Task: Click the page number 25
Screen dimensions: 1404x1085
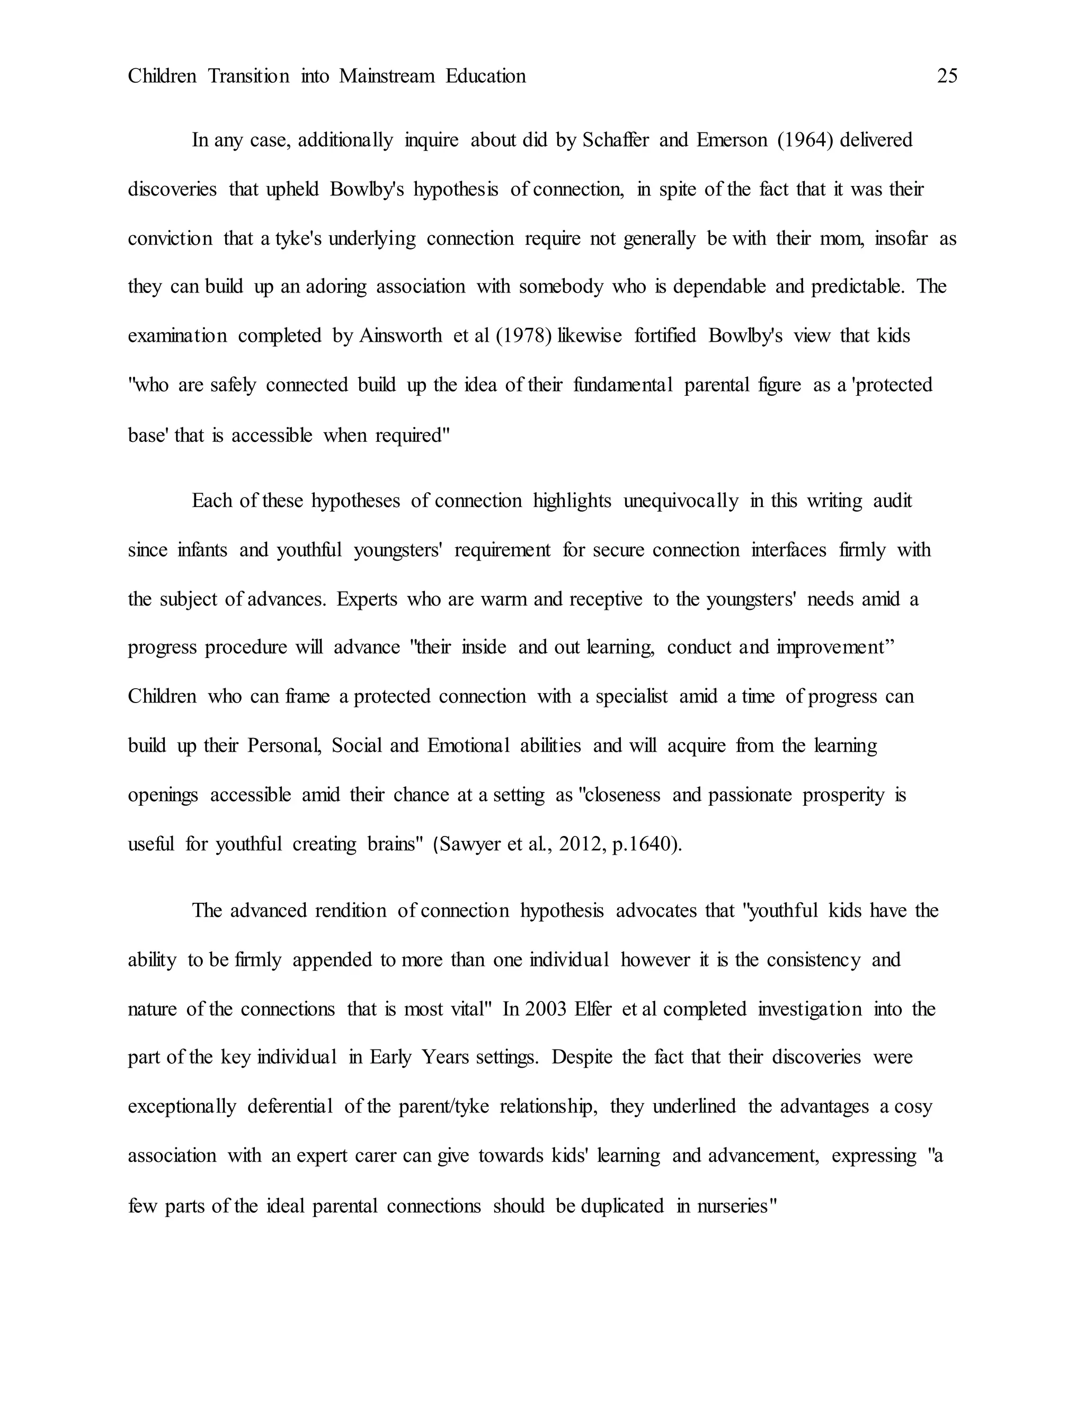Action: coord(947,76)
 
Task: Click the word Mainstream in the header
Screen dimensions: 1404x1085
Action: coord(387,76)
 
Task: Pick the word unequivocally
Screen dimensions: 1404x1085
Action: coord(681,501)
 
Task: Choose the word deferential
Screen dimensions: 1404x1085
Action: coord(290,1107)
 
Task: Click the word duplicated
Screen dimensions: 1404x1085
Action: coord(621,1206)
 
